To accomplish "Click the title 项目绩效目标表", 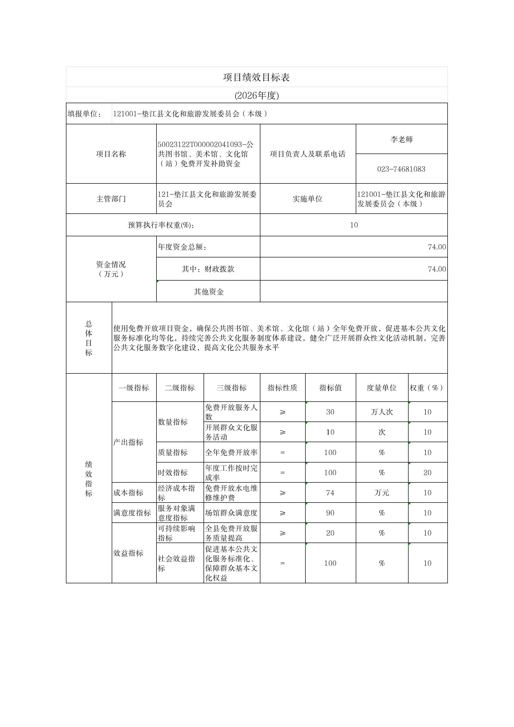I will (256, 77).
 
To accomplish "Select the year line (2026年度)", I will (257, 95).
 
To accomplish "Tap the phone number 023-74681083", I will (401, 169).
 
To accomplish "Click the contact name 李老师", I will (401, 139).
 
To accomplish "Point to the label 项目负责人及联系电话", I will (307, 154).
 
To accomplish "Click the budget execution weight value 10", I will (354, 225).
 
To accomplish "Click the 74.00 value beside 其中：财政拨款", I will (437, 269).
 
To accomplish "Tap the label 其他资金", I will (209, 292).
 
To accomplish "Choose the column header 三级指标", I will (231, 388).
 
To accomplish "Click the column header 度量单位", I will (381, 388).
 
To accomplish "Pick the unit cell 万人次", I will (382, 412).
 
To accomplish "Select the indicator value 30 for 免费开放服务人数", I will (330, 412).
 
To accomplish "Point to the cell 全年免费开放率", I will (231, 452).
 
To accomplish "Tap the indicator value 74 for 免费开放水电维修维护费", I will (330, 493).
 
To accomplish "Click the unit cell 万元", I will (382, 493).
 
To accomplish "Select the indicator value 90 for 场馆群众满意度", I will (330, 513).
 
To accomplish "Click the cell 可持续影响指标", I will (177, 533).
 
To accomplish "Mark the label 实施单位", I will (307, 199).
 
